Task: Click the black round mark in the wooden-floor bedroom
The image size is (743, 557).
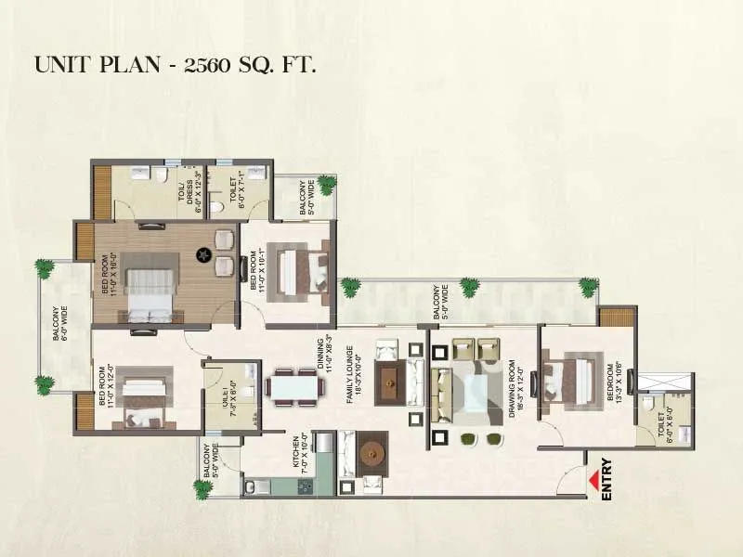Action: point(202,253)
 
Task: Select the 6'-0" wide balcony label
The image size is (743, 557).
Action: point(57,321)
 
